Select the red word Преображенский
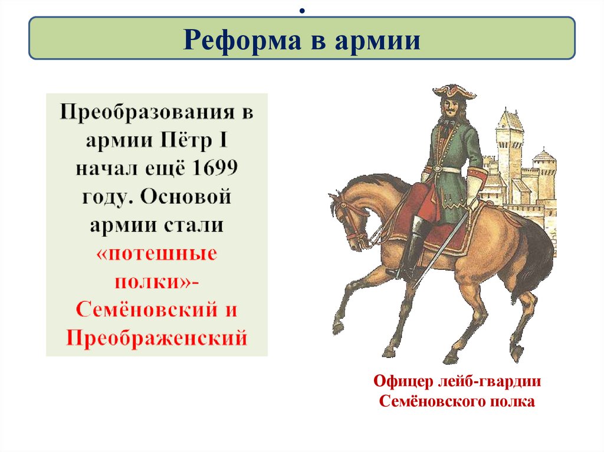point(156,338)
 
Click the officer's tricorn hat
point(454,91)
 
